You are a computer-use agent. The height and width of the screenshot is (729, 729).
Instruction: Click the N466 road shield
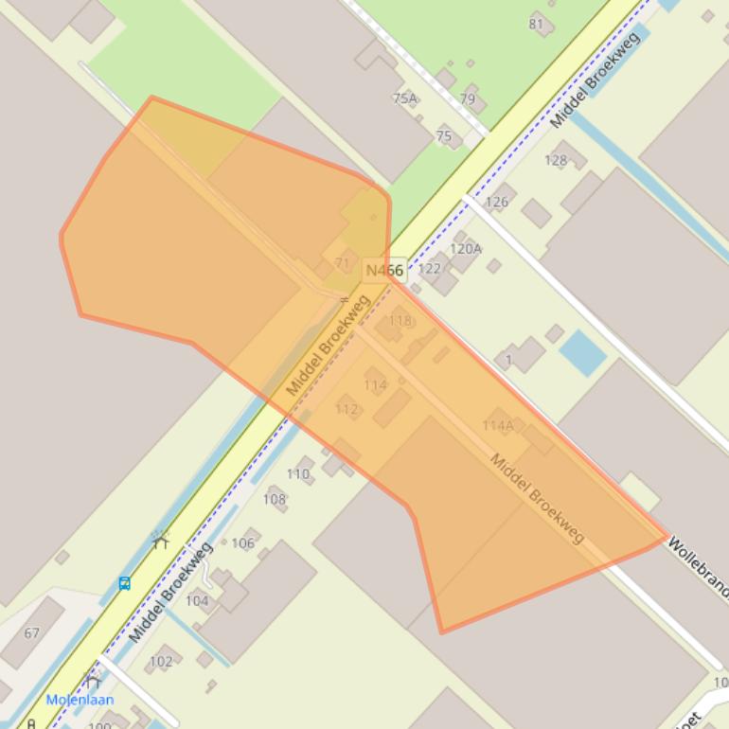pyautogui.click(x=384, y=271)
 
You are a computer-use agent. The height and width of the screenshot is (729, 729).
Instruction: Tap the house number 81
pyautogui.click(x=537, y=24)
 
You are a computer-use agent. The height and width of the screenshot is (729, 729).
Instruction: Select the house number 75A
pyautogui.click(x=404, y=98)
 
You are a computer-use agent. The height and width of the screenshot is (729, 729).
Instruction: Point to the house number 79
pyautogui.click(x=468, y=98)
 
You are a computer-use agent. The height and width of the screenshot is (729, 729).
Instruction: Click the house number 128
pyautogui.click(x=556, y=160)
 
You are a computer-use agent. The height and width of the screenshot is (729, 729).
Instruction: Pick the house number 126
pyautogui.click(x=496, y=201)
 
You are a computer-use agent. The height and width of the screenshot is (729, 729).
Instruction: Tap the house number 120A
pyautogui.click(x=465, y=249)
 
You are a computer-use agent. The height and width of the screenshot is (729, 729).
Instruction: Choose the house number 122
pyautogui.click(x=429, y=268)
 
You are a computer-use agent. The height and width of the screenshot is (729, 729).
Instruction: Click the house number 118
pyautogui.click(x=400, y=321)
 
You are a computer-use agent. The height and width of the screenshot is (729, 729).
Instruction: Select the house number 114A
pyautogui.click(x=497, y=426)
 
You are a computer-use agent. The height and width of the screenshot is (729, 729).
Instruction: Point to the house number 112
pyautogui.click(x=347, y=409)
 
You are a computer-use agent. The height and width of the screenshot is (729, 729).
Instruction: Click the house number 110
pyautogui.click(x=297, y=473)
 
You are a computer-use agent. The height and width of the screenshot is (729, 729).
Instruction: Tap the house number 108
pyautogui.click(x=275, y=499)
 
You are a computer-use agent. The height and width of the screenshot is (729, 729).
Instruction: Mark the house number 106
pyautogui.click(x=242, y=542)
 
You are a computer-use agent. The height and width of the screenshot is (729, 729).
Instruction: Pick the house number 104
pyautogui.click(x=197, y=600)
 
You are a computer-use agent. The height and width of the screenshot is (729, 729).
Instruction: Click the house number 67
pyautogui.click(x=32, y=632)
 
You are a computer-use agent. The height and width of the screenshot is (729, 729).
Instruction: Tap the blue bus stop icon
pyautogui.click(x=124, y=583)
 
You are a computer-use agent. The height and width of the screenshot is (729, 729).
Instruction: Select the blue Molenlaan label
pyautogui.click(x=80, y=700)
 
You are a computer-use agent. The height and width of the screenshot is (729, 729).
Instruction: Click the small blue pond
pyautogui.click(x=582, y=353)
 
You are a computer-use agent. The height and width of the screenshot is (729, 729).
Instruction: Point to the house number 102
pyautogui.click(x=161, y=661)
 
